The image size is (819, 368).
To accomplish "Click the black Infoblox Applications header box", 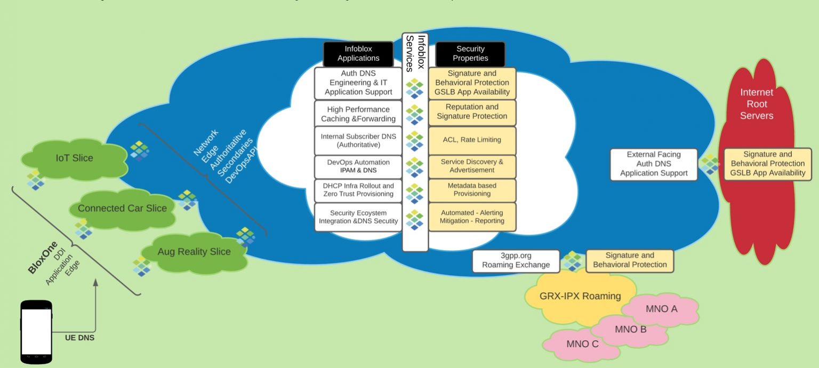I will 358,54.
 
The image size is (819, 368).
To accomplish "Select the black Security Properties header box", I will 470,54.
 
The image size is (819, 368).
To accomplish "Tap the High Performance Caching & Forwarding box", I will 358,114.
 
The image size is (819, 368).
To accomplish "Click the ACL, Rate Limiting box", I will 472,140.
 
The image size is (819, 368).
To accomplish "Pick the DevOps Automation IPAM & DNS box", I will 358,166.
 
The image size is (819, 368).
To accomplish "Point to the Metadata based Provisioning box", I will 472,190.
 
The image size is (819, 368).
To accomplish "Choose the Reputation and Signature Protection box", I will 472,111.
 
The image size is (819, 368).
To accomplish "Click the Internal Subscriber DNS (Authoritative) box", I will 358,140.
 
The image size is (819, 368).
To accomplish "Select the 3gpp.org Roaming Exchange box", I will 516,260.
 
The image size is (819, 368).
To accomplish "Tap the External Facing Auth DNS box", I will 654,164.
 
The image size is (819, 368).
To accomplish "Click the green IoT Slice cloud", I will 74,158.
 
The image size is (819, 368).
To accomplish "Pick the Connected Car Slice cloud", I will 122,209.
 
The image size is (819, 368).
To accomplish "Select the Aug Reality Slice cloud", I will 194,252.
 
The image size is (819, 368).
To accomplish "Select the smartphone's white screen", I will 36,332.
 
